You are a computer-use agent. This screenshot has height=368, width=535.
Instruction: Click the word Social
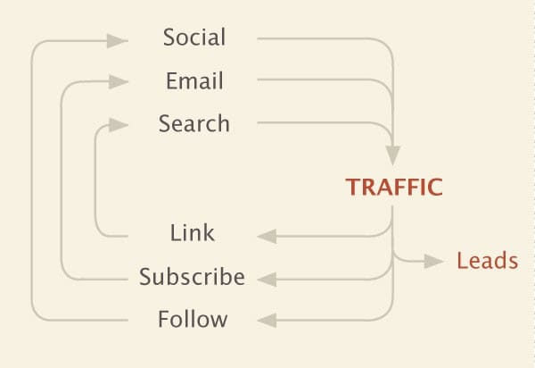coord(194,38)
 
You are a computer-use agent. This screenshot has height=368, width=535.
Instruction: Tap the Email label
coord(194,81)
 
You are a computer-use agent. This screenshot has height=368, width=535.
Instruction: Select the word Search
coord(194,123)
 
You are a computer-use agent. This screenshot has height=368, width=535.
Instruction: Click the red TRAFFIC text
coord(394,188)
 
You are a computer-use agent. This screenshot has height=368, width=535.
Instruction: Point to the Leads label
coord(487,261)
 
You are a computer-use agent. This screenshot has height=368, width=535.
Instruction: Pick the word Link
coord(193,234)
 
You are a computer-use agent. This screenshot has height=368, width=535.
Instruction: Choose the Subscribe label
coord(192,277)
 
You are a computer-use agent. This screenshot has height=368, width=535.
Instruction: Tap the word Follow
coord(193,319)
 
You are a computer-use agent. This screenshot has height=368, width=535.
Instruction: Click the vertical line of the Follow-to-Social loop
coord(32,179)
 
